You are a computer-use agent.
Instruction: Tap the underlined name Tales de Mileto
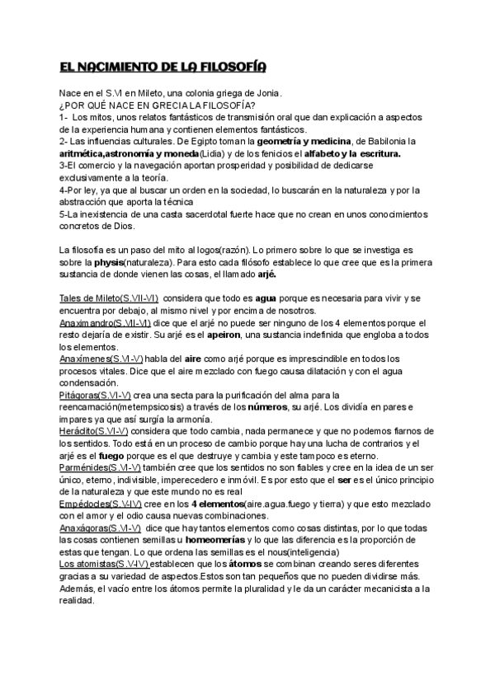pos(90,297)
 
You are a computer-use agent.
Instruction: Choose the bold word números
pos(279,408)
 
